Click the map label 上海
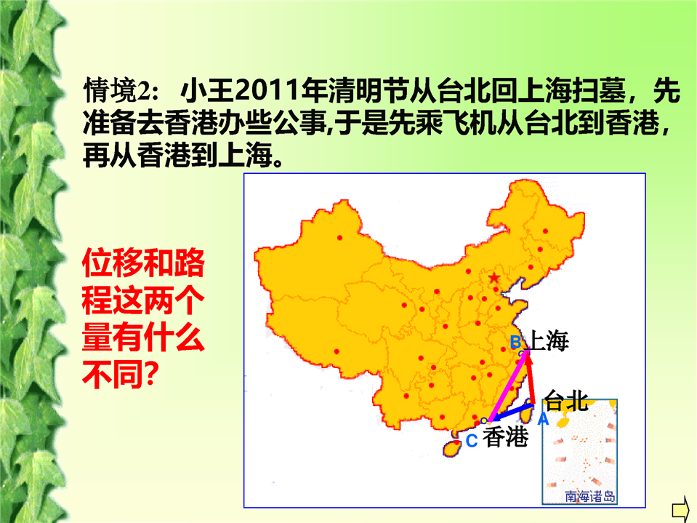point(549,341)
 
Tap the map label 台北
point(567,401)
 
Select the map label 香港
point(506,436)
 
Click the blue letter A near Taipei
point(543,419)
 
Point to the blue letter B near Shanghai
point(515,342)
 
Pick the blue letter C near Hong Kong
point(472,441)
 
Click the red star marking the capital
point(493,279)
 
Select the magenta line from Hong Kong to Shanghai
point(507,386)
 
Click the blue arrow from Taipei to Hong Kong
point(511,412)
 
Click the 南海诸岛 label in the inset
point(589,496)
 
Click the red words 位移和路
point(143,263)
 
